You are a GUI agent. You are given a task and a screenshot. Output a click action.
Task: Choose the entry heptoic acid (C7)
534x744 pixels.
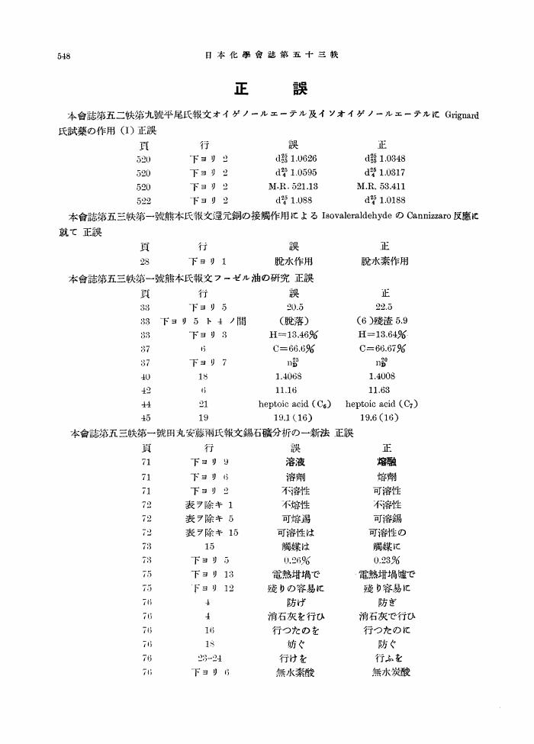coord(381,404)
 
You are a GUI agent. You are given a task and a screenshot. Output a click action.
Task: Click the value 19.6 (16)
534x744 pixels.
coord(381,417)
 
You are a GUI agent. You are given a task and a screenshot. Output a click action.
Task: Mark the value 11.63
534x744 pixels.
coord(381,390)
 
